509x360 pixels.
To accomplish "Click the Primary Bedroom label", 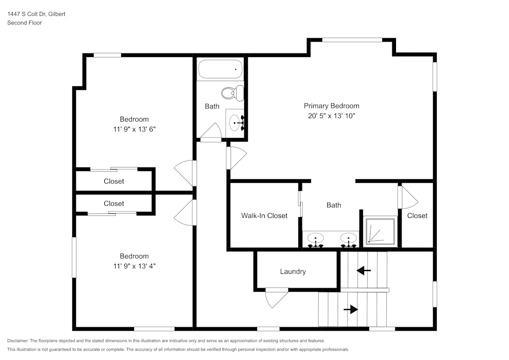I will (331, 106).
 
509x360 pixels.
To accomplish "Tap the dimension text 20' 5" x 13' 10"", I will (331, 116).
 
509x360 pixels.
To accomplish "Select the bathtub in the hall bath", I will (220, 69).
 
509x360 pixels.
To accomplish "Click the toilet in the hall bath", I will (234, 93).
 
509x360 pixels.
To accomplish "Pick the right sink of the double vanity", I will (348, 238).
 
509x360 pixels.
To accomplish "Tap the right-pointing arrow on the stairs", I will (351, 309).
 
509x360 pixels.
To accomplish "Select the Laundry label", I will (293, 271).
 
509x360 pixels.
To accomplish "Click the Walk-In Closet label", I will (264, 215).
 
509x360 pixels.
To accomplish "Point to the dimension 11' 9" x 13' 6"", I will (134, 129).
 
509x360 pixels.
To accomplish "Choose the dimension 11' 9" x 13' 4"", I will (134, 266).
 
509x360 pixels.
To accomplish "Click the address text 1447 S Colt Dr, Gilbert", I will (36, 14).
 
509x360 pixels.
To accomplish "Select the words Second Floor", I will (24, 23).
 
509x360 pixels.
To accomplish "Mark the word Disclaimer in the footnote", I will (18, 341).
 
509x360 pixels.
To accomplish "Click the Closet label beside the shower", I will (417, 215).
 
